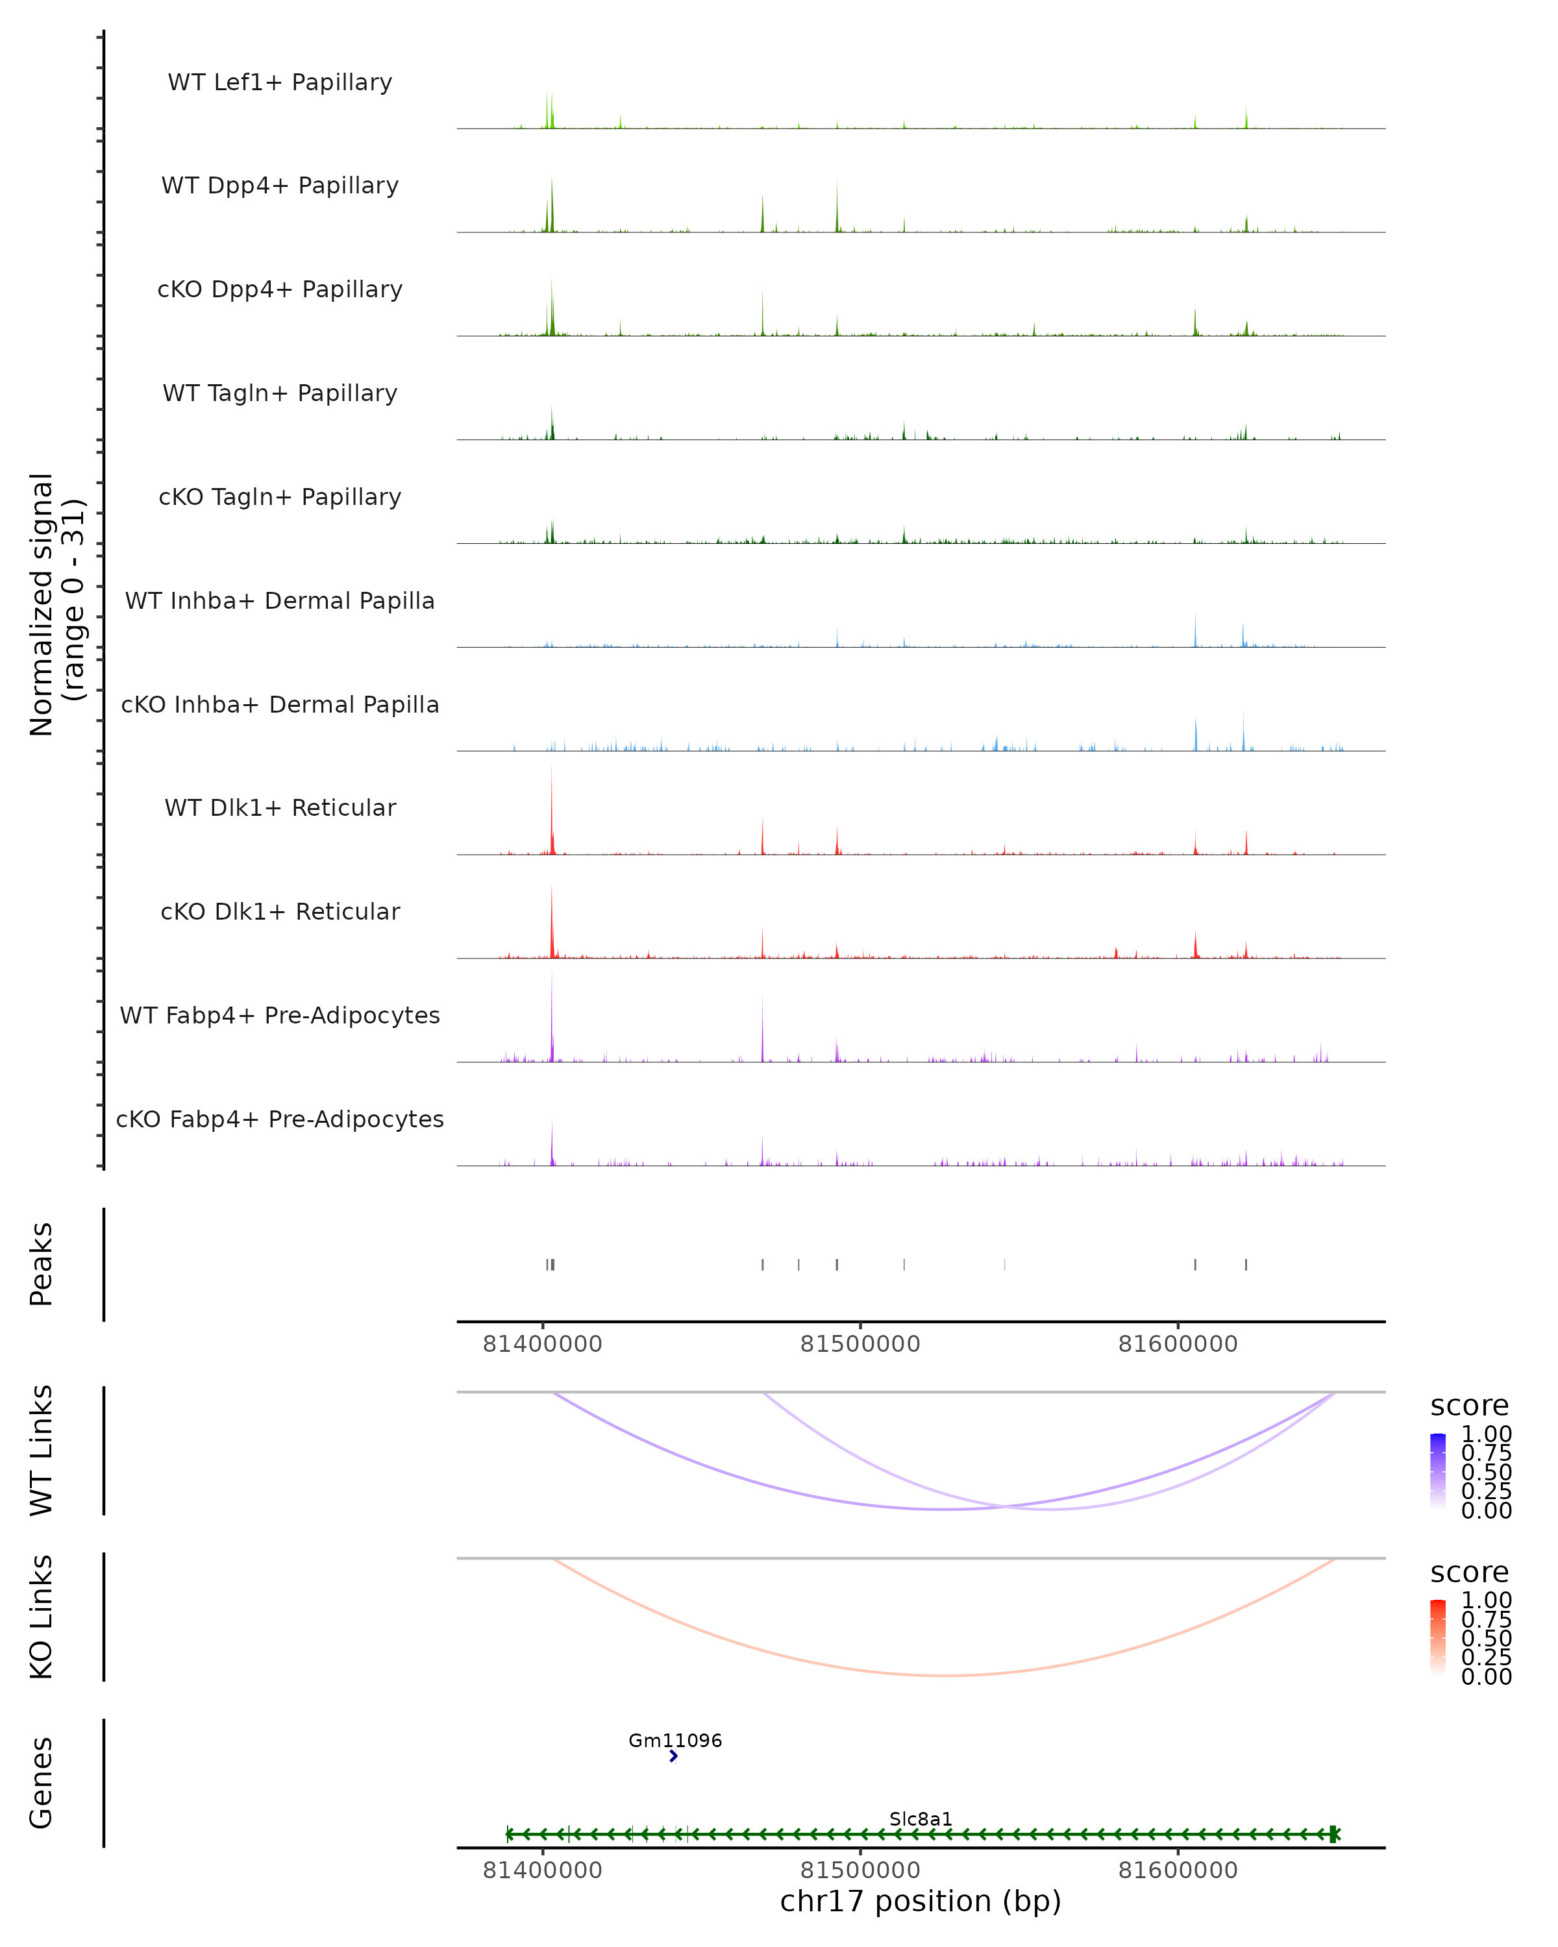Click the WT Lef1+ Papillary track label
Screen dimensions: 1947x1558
coord(280,82)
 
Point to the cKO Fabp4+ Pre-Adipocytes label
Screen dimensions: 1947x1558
coord(280,1119)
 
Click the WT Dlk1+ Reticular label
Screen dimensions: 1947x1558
coord(280,807)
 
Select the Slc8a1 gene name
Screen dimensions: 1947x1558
coord(921,1818)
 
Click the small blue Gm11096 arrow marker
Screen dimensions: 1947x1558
coord(674,1756)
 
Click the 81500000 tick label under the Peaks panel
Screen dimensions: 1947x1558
coord(860,1344)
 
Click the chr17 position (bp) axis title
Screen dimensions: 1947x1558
coord(921,1902)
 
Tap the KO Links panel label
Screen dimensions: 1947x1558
coord(42,1617)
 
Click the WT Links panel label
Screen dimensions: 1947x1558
coord(42,1451)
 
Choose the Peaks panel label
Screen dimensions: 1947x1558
coord(42,1264)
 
